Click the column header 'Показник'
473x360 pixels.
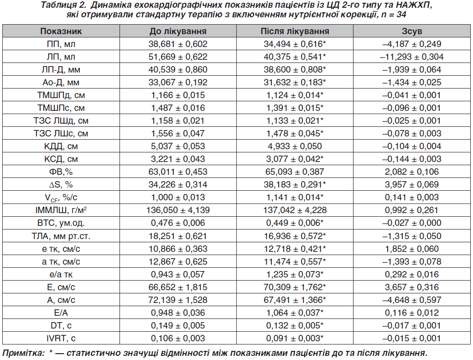point(61,31)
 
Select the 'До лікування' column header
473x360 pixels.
point(178,31)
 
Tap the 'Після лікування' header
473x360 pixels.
point(295,31)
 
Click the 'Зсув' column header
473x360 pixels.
point(412,31)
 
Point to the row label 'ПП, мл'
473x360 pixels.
point(61,44)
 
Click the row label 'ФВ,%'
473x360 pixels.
point(61,172)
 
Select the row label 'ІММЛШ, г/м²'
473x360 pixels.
point(61,210)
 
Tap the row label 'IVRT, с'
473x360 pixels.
point(61,339)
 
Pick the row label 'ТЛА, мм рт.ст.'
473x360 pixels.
point(61,236)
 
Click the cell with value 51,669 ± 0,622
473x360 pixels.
point(178,57)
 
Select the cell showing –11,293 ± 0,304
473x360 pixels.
point(412,57)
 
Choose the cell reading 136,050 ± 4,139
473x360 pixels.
point(178,210)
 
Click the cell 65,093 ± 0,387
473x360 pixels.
point(295,172)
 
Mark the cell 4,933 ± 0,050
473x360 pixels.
point(295,146)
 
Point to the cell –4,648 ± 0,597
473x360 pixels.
point(412,300)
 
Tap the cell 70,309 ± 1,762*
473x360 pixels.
point(295,287)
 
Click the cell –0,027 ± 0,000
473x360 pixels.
point(412,223)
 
